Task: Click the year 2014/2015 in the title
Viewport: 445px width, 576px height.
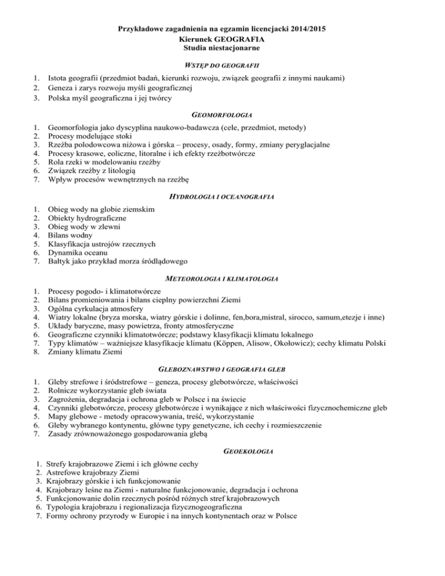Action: tap(300, 27)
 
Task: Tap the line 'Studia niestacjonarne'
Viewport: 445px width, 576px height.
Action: tap(222, 48)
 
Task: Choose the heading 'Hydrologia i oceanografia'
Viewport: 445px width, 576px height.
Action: tap(222, 196)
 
